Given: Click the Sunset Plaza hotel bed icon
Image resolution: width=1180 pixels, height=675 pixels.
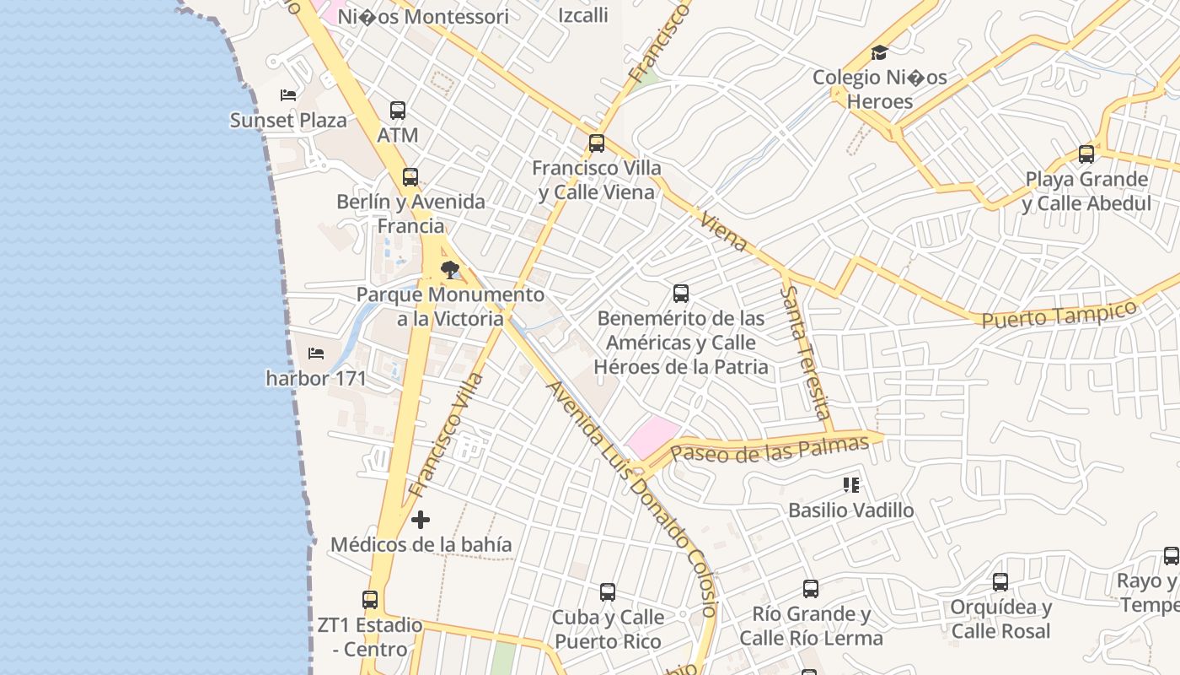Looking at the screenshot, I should click(288, 95).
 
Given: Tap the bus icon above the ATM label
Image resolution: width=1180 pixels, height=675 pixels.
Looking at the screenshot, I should click(398, 111).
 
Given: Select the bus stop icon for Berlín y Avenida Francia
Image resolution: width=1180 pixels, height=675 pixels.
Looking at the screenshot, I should click(410, 177).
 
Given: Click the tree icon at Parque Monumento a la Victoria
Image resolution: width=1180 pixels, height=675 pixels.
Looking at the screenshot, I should click(451, 270).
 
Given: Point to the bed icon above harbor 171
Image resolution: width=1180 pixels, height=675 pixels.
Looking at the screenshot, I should click(316, 353).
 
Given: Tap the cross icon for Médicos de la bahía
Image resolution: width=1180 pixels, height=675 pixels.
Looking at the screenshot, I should click(421, 520).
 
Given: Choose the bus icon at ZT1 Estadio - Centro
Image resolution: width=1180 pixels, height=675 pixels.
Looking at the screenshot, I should click(370, 600).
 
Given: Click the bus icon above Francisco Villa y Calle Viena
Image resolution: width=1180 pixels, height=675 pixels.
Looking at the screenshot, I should click(597, 143).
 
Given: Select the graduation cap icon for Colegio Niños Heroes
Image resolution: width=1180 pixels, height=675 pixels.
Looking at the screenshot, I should click(879, 52).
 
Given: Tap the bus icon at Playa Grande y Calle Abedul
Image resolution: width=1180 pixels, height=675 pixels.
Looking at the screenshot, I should click(1086, 154).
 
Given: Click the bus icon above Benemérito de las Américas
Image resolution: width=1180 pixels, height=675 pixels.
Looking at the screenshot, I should click(681, 294).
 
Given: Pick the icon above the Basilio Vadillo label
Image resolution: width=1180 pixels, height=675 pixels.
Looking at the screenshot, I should click(851, 485).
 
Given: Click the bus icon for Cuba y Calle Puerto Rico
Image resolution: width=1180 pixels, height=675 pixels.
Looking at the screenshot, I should click(608, 592).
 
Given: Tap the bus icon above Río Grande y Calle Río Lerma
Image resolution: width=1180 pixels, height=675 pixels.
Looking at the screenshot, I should click(811, 589).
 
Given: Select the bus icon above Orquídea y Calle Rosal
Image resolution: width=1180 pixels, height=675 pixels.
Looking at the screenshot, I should click(1000, 582).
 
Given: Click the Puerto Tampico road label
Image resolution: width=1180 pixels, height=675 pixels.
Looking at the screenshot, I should click(1059, 315).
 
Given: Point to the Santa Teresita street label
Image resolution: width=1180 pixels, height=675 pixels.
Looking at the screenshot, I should click(805, 352).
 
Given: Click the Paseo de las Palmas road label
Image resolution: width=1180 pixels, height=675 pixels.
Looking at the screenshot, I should click(769, 450).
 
